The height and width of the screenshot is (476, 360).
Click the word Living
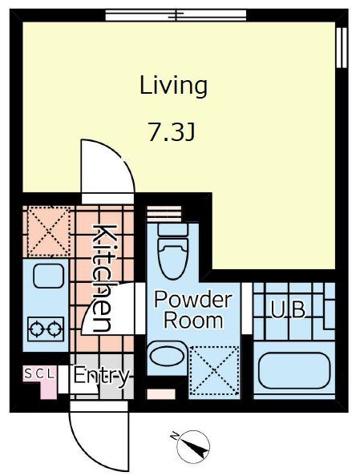173,85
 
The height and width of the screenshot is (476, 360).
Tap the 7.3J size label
172,132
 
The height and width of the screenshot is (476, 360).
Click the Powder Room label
192,310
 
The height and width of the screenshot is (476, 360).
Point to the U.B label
287,309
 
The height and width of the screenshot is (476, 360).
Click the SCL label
38,373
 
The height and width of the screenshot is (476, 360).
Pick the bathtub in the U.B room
294,370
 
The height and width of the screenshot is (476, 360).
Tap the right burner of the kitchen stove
54,327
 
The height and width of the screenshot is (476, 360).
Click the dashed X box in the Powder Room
215,370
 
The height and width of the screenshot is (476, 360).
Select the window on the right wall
342,47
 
